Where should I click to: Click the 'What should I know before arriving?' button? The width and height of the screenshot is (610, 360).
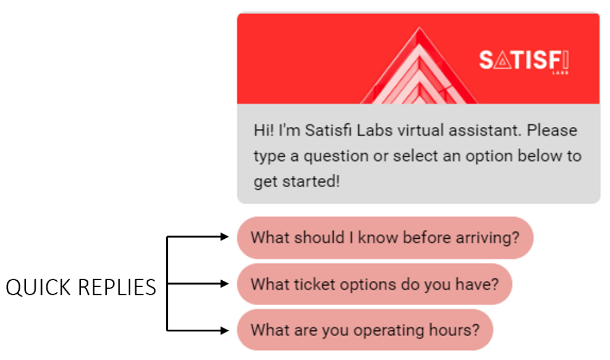[x=385, y=238]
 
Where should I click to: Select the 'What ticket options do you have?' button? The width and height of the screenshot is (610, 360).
[x=374, y=284]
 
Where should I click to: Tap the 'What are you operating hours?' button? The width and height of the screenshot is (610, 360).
[x=365, y=330]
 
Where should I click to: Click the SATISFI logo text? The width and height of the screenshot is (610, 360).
[x=524, y=60]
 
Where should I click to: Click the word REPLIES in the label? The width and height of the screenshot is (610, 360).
[x=117, y=288]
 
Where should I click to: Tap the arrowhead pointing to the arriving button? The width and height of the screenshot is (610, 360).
[x=225, y=236]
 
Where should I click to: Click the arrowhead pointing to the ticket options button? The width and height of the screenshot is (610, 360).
[x=225, y=284]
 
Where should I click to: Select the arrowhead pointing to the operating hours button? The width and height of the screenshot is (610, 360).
[x=225, y=330]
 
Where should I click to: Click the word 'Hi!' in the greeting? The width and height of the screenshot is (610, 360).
[x=263, y=130]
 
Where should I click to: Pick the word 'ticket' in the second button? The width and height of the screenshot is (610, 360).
[x=315, y=285]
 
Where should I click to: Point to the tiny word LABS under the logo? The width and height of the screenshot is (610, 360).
[x=561, y=73]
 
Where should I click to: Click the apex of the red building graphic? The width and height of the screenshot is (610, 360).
[x=419, y=28]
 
